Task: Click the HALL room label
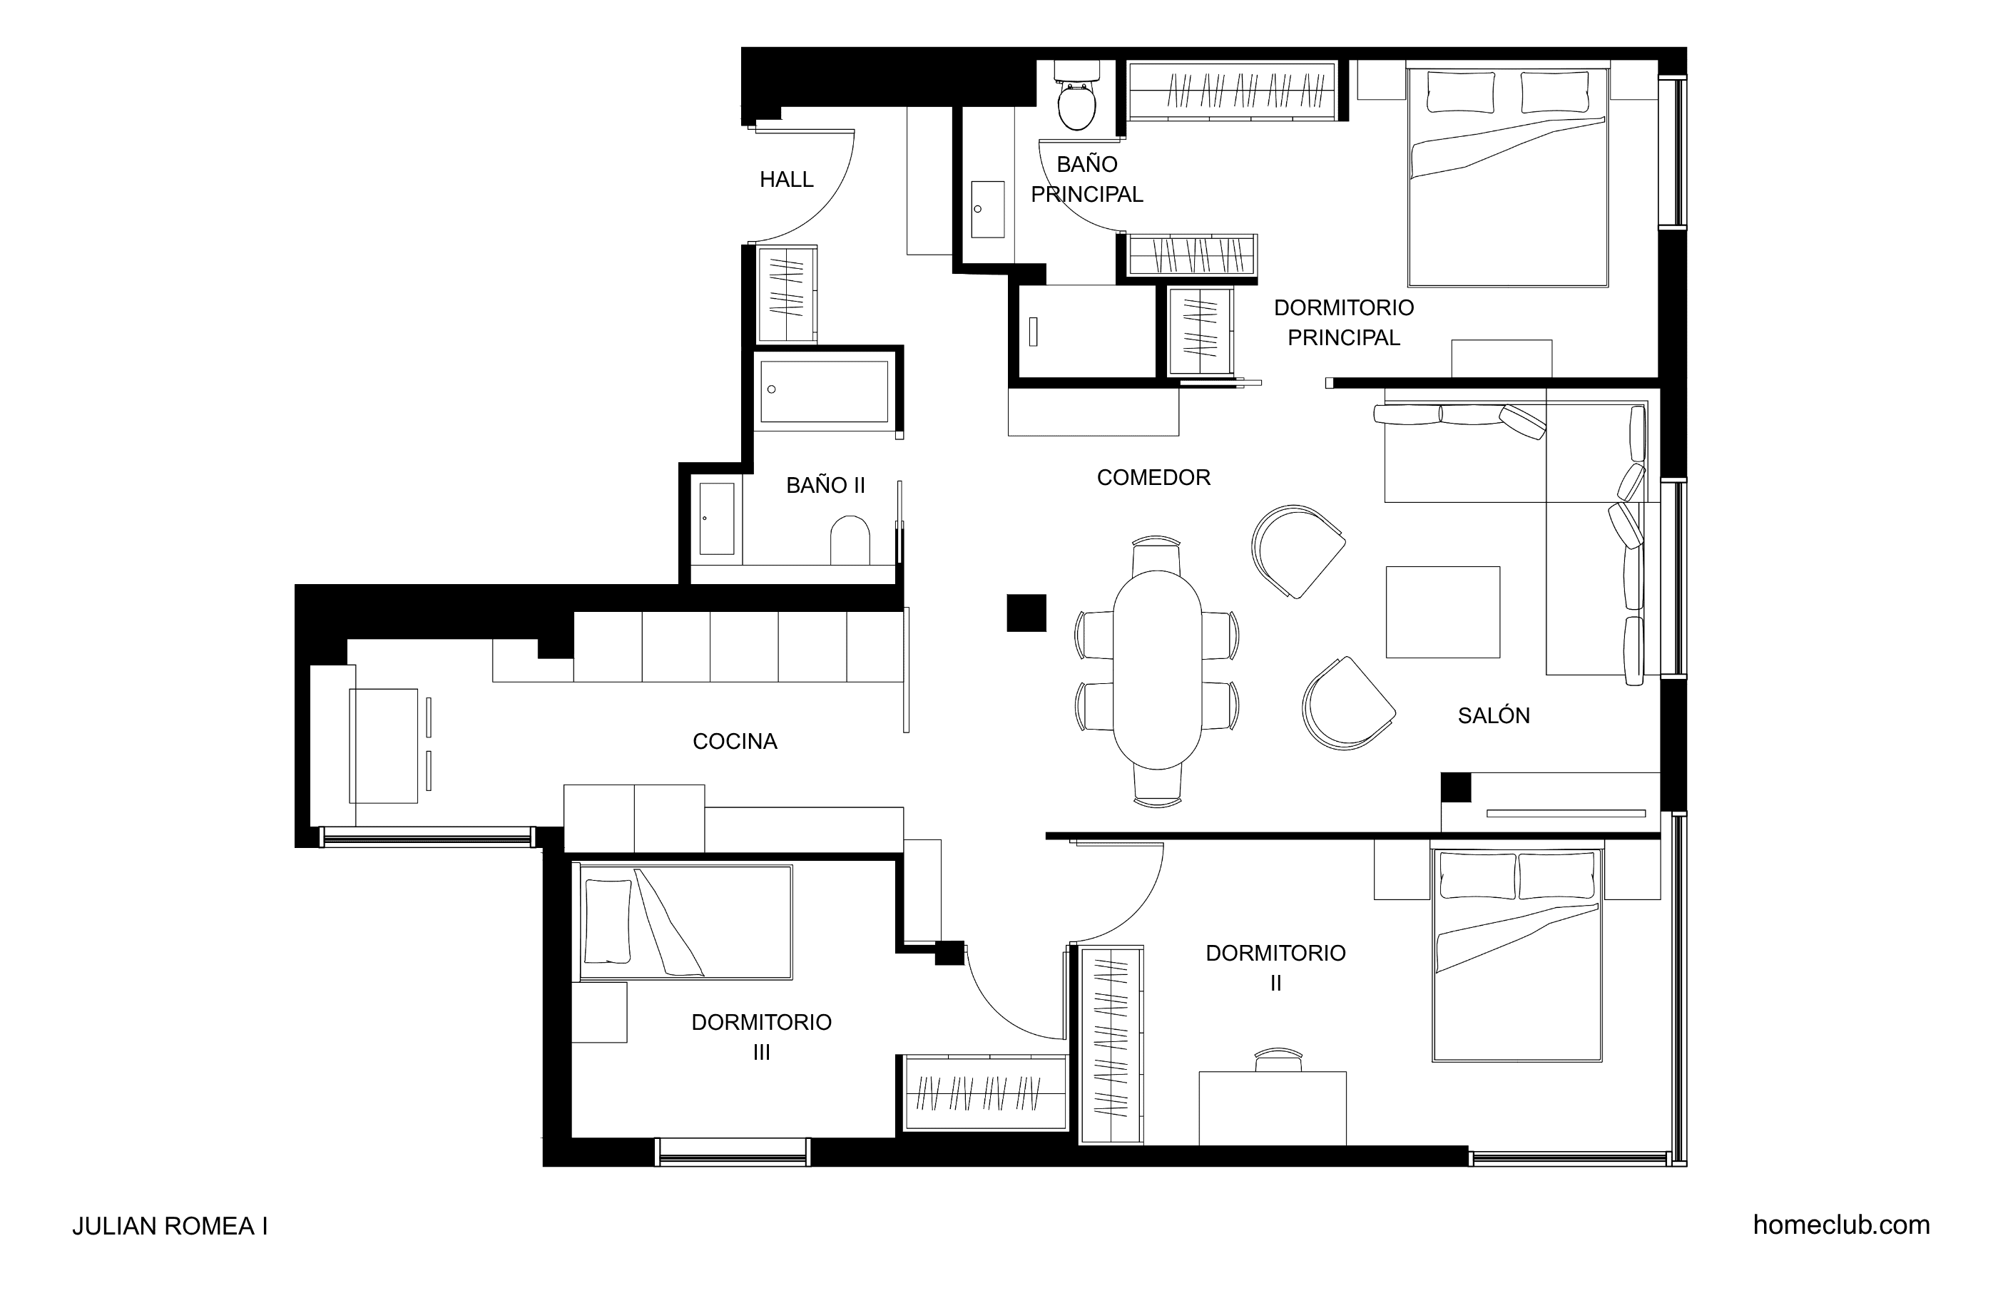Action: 786,179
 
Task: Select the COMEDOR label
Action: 1153,477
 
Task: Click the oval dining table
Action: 1157,669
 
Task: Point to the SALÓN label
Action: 1494,715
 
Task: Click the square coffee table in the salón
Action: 1443,612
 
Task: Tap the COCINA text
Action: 735,741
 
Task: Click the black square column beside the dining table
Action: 1026,612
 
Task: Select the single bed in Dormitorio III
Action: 683,922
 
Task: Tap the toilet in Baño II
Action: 850,540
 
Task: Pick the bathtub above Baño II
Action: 825,391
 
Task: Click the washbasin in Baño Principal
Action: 988,210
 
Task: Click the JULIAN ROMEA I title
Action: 170,1226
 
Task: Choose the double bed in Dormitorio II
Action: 1517,956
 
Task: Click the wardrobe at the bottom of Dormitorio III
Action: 986,1093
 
